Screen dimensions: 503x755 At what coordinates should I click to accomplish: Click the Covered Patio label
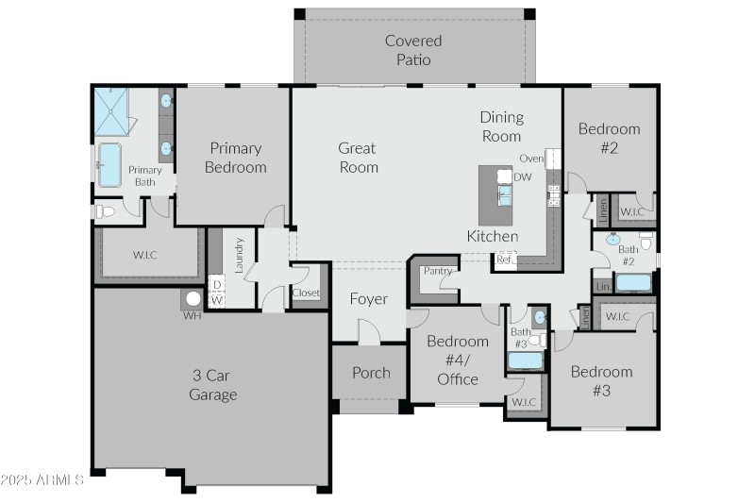click(413, 50)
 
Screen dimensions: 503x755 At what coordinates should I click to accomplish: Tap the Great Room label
click(358, 158)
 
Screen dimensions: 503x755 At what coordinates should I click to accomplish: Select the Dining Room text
click(501, 126)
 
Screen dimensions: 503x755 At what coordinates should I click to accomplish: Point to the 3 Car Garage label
click(212, 385)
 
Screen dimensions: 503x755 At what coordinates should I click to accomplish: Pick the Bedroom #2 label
click(609, 138)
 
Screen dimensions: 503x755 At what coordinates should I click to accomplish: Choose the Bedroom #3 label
click(601, 380)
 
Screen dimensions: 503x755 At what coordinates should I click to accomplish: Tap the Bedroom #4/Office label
click(458, 360)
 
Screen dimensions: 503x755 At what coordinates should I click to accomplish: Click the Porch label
click(371, 373)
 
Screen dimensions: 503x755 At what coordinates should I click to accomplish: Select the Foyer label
click(369, 299)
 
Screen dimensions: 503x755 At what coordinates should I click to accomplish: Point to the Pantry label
click(437, 271)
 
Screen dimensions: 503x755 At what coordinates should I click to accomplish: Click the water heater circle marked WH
click(193, 299)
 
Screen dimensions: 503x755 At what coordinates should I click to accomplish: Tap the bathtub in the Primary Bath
click(109, 165)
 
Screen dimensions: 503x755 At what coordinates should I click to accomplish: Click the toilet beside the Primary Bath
click(104, 211)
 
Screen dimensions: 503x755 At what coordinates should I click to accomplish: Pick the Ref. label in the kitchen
click(505, 259)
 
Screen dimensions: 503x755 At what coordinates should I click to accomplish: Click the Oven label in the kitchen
click(531, 159)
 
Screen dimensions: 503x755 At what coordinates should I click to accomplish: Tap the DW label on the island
click(523, 176)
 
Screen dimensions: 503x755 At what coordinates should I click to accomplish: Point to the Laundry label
click(240, 255)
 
